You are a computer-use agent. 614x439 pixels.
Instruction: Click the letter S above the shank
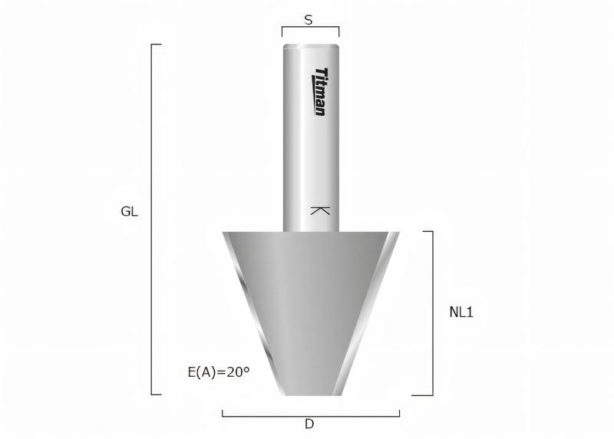pyautogui.click(x=309, y=21)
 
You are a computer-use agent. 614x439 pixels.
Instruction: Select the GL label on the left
pyautogui.click(x=130, y=212)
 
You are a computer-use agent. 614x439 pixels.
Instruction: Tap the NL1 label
pyautogui.click(x=460, y=312)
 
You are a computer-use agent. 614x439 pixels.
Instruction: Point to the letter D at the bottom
pyautogui.click(x=309, y=424)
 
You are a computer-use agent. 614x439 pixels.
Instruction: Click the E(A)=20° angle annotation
pyautogui.click(x=219, y=372)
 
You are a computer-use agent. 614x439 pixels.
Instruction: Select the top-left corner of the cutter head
pyautogui.click(x=223, y=233)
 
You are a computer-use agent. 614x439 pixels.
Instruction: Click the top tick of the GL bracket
pyautogui.click(x=156, y=45)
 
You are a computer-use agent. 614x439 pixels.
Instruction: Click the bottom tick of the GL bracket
pyautogui.click(x=156, y=394)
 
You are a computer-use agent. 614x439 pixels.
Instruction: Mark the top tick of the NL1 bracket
pyautogui.click(x=427, y=231)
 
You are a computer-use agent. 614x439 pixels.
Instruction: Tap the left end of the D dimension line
pyautogui.click(x=223, y=414)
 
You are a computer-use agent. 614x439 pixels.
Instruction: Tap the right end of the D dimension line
pyautogui.click(x=399, y=414)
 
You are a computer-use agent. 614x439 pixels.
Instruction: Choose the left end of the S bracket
pyautogui.click(x=282, y=32)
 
